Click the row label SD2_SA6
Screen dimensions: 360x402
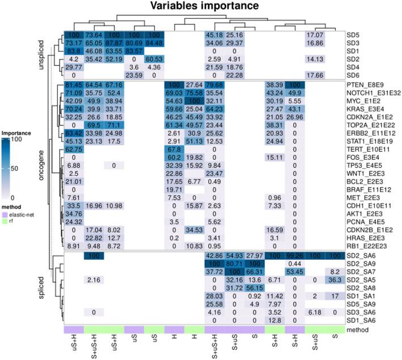click(x=364, y=256)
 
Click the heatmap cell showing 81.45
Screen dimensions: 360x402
click(x=73, y=84)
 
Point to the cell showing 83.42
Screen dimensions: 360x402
click(x=73, y=132)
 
